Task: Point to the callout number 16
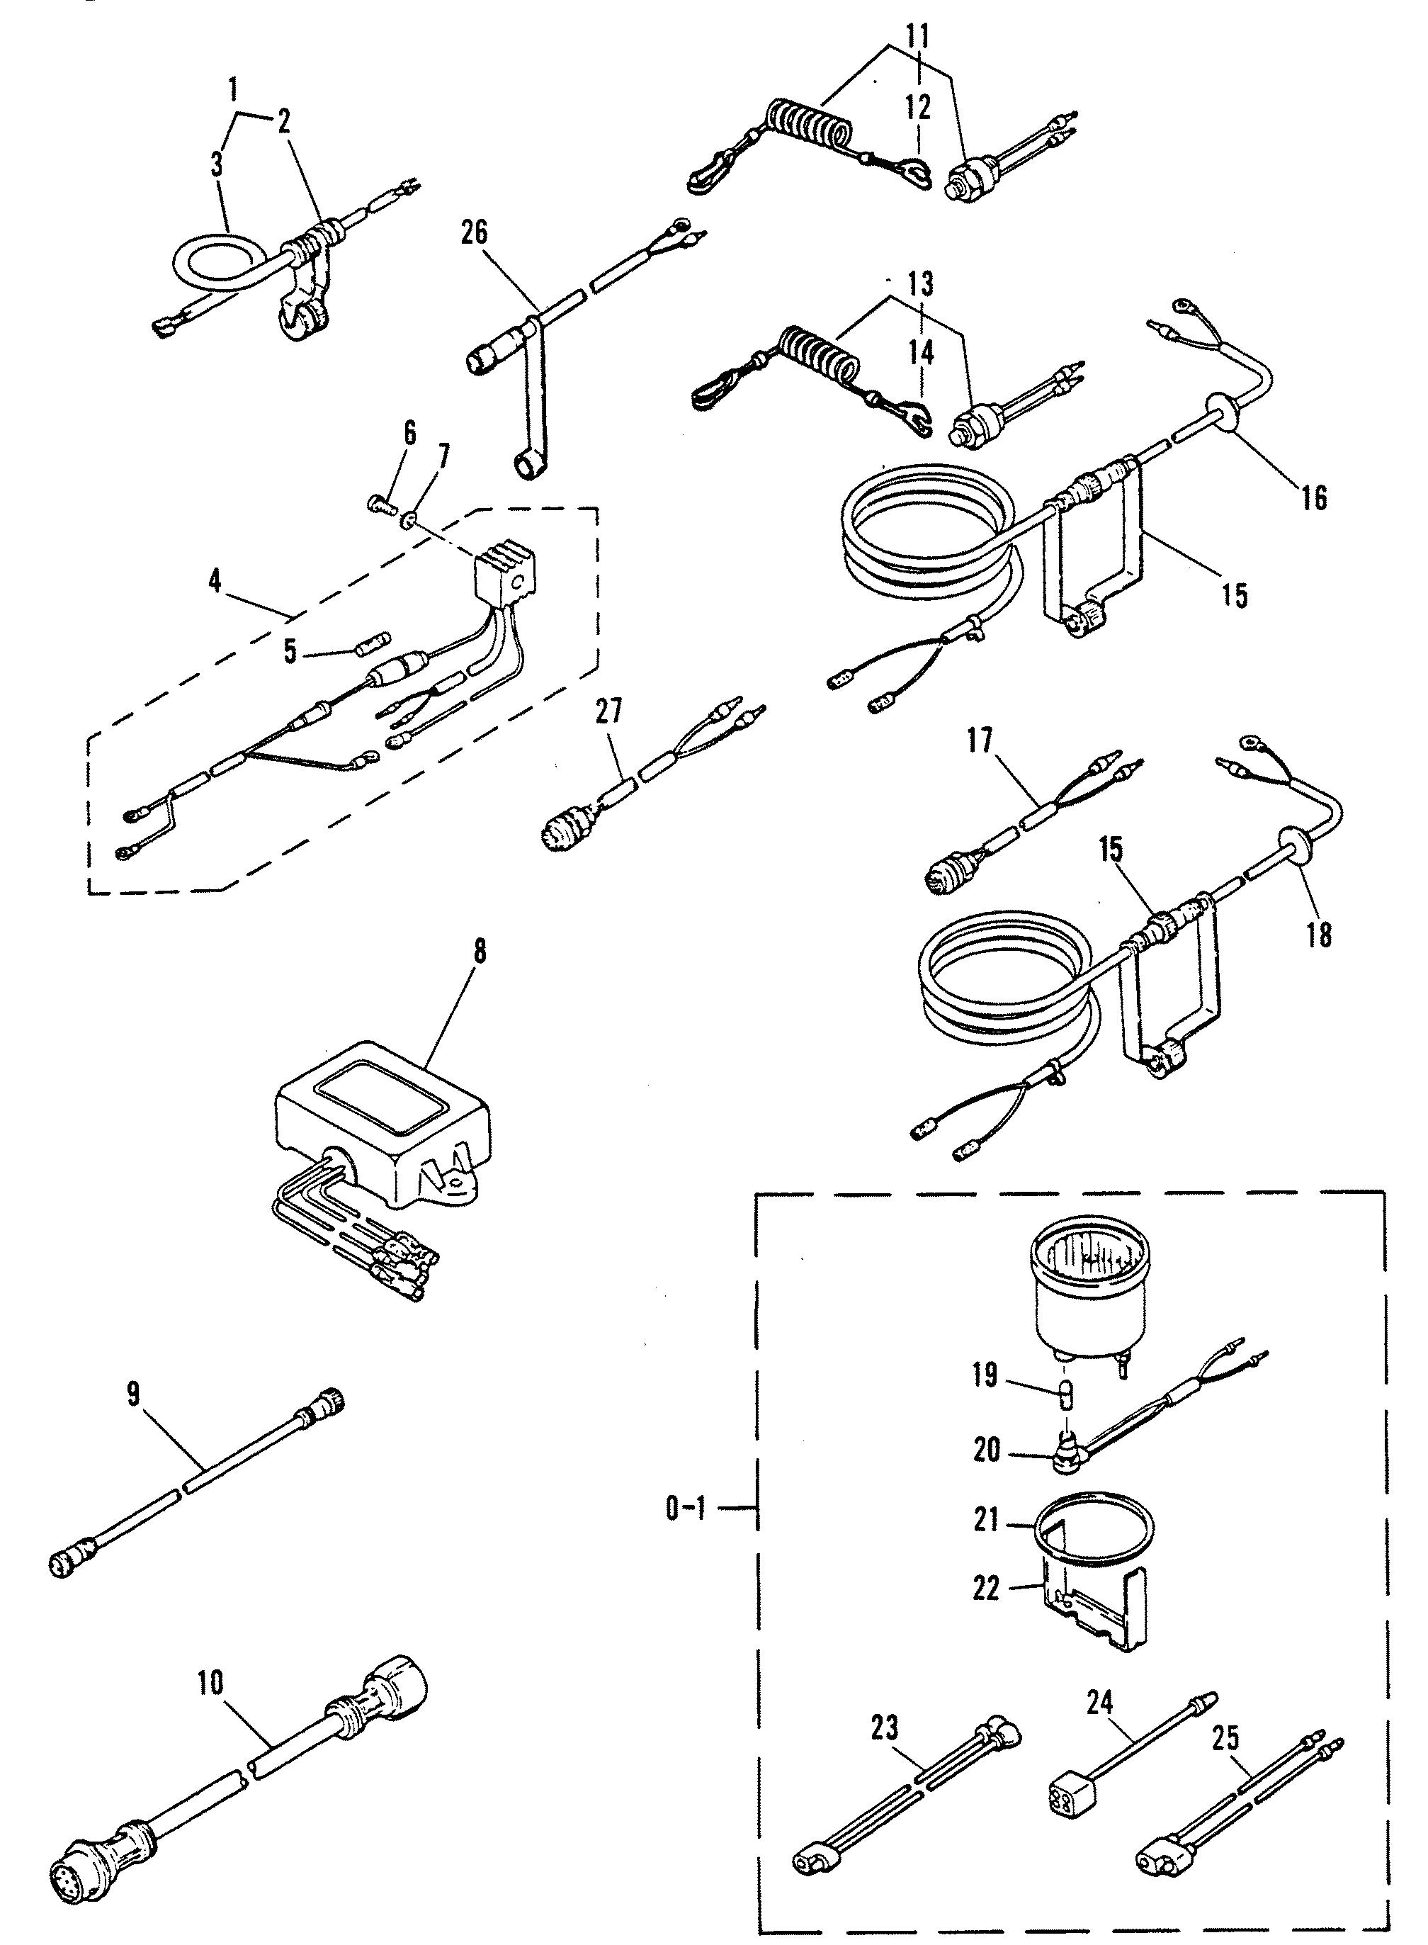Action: pyautogui.click(x=1314, y=498)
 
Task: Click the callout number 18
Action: pyautogui.click(x=1320, y=935)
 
